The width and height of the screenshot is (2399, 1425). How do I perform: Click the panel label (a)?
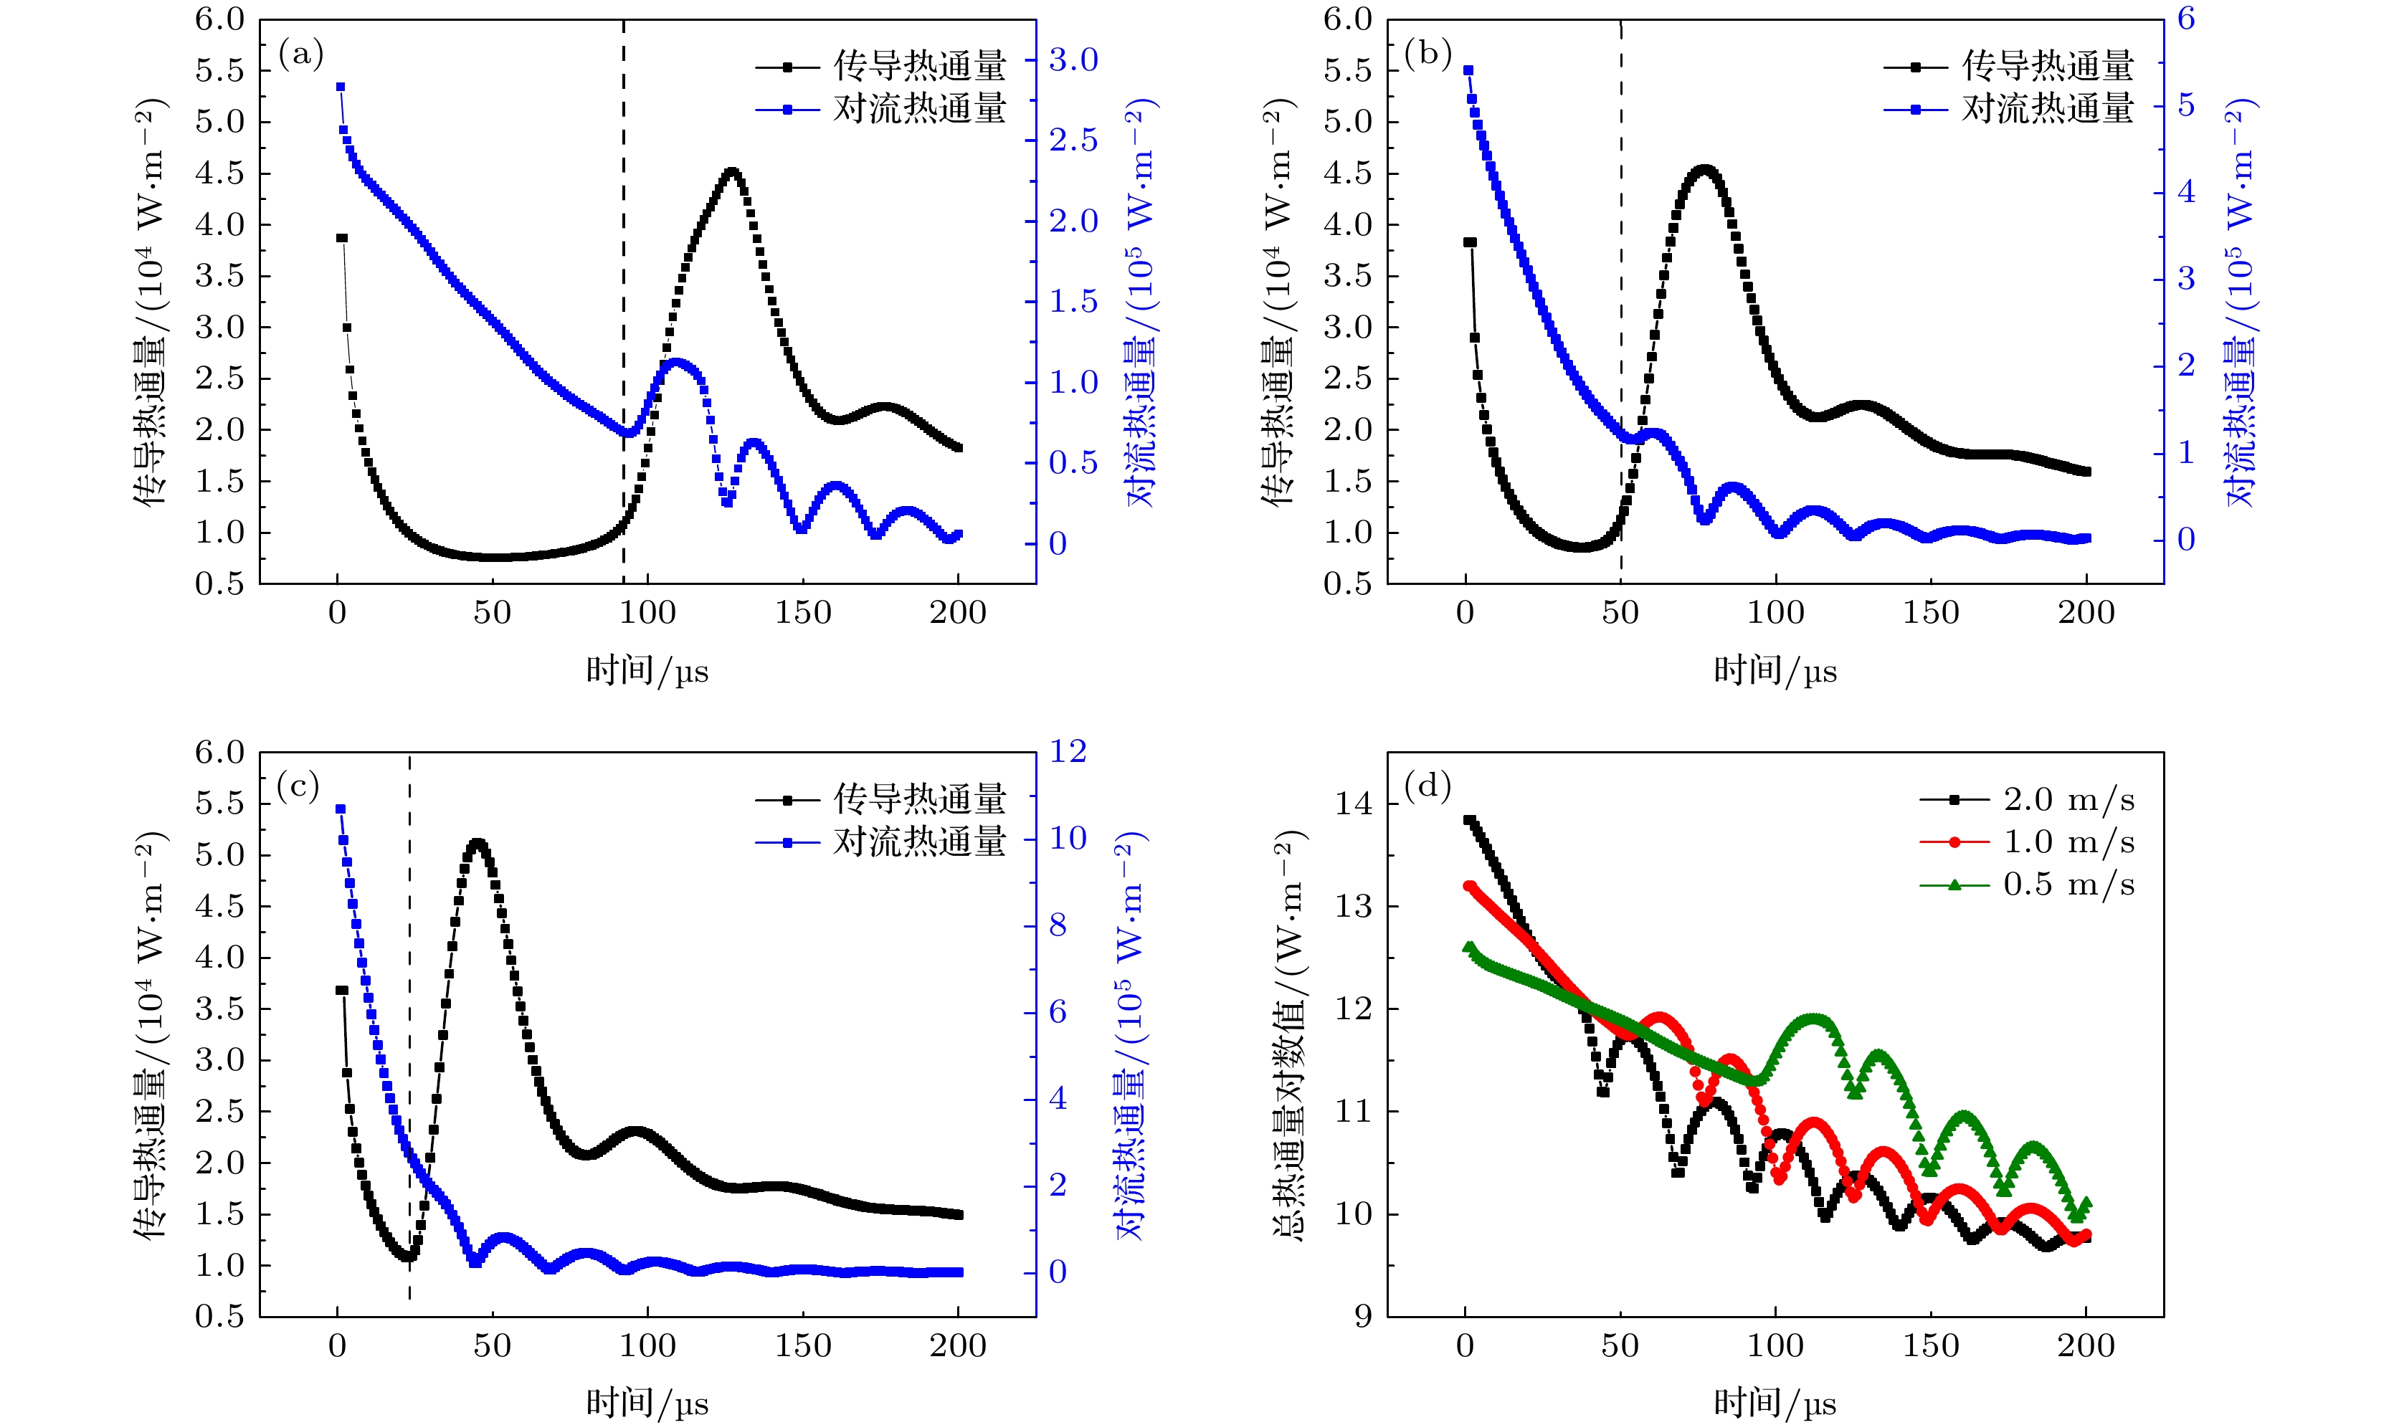[x=300, y=54]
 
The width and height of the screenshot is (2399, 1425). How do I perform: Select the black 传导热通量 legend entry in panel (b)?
[x=2009, y=66]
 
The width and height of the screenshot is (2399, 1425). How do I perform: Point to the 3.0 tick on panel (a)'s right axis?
[x=1073, y=60]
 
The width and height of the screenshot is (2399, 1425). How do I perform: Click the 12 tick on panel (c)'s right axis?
[x=1067, y=751]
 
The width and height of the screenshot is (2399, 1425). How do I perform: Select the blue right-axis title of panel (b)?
[x=2241, y=302]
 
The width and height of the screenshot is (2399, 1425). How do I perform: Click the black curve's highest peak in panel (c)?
[x=478, y=843]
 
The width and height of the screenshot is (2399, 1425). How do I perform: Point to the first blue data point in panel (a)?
[x=340, y=87]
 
